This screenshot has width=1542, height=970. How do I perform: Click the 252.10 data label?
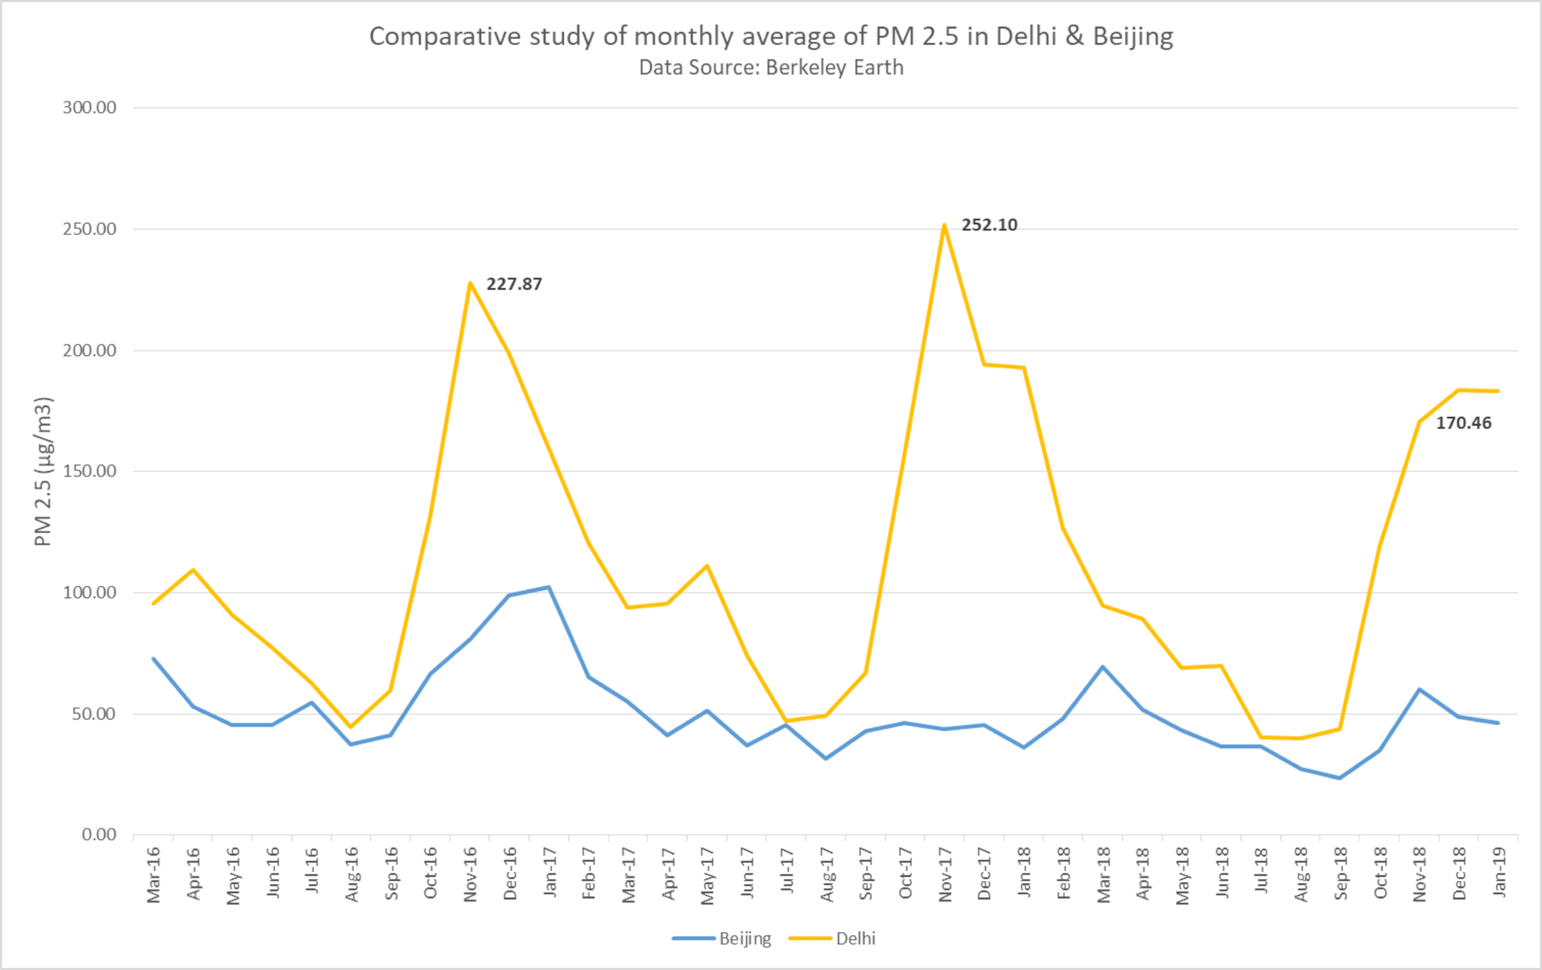989,225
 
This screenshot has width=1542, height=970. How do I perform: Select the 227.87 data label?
513,284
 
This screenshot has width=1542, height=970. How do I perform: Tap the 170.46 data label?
1463,423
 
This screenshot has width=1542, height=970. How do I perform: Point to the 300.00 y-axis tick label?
90,108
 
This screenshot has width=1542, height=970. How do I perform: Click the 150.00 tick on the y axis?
90,471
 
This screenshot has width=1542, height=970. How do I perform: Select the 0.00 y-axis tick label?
99,835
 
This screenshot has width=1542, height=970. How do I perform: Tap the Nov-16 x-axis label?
471,874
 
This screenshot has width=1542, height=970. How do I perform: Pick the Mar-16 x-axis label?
154,874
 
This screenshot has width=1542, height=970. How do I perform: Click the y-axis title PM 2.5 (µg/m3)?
44,471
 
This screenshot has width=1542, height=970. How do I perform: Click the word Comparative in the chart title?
444,36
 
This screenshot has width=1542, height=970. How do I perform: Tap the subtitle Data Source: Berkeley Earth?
771,68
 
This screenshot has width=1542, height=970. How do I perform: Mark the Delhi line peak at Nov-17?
944,224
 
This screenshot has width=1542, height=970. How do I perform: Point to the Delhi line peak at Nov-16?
470,283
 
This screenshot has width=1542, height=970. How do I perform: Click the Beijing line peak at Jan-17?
549,587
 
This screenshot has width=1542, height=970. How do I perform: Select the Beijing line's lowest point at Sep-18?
1339,778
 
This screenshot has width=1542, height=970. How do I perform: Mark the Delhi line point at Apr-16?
193,570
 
